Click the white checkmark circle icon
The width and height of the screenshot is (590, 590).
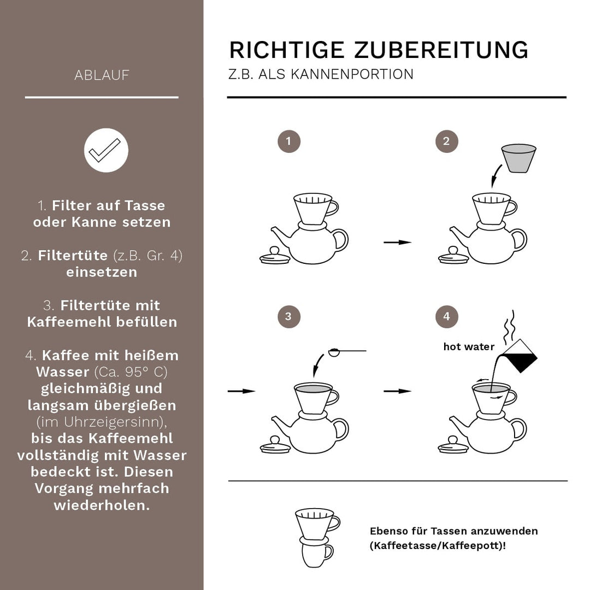tap(106, 150)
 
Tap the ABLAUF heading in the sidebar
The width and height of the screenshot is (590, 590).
tap(102, 75)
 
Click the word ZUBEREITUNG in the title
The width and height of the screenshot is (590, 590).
tap(441, 50)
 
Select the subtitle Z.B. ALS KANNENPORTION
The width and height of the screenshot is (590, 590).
tap(321, 74)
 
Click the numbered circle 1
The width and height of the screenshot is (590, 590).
tap(288, 141)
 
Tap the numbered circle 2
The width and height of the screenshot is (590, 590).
tap(446, 141)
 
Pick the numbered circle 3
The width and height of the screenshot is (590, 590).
tap(288, 316)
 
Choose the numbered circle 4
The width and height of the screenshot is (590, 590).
tap(446, 316)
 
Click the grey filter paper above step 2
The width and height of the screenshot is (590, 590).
tap(518, 158)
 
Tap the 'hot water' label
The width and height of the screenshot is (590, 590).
tap(469, 347)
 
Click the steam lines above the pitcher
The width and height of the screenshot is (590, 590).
tap(511, 326)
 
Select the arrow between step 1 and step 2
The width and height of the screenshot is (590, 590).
tap(397, 242)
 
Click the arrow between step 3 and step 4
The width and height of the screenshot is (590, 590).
tap(397, 391)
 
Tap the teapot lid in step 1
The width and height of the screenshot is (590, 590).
tap(275, 256)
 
